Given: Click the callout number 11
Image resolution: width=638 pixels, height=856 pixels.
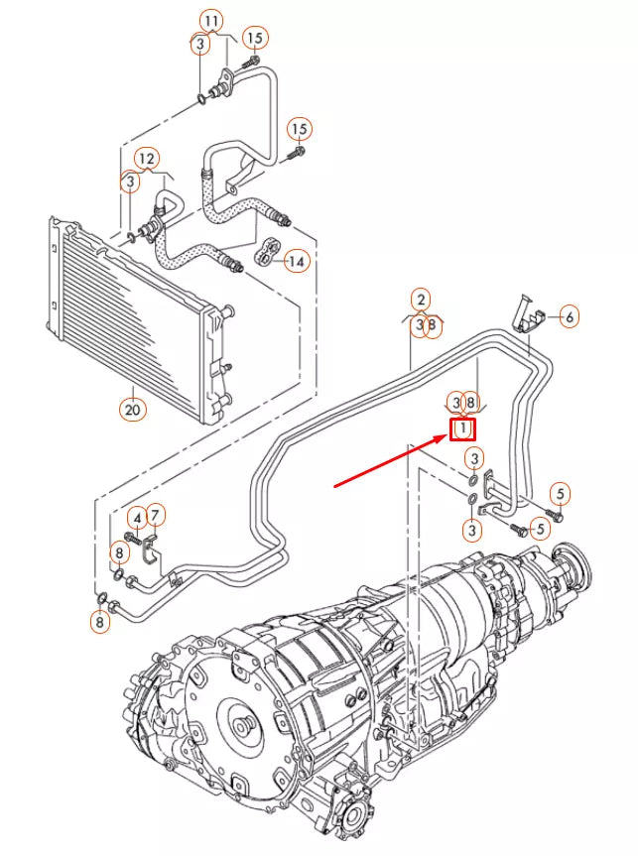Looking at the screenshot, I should click(210, 20).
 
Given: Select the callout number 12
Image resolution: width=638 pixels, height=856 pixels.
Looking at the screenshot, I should click(147, 158).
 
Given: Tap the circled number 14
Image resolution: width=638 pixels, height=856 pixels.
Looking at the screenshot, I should click(296, 261).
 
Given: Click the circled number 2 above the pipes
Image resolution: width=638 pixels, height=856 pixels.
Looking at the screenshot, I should click(422, 300).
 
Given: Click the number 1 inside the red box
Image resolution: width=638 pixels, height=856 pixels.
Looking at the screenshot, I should click(463, 428).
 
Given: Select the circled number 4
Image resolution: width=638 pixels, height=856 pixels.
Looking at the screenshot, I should click(138, 516).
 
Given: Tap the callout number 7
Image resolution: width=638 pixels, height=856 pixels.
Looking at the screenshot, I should click(156, 515).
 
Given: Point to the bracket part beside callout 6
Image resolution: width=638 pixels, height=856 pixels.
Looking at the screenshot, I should click(529, 314).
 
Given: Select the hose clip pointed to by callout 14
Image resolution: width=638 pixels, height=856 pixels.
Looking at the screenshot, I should click(266, 252).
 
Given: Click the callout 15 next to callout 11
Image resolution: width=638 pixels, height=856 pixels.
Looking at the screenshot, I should click(255, 38).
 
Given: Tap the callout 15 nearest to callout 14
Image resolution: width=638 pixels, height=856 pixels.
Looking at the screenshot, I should click(300, 129).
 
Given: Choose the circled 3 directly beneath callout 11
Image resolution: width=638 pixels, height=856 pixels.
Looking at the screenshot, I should click(200, 44).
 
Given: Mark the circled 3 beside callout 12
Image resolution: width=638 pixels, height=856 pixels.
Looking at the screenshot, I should click(129, 183).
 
